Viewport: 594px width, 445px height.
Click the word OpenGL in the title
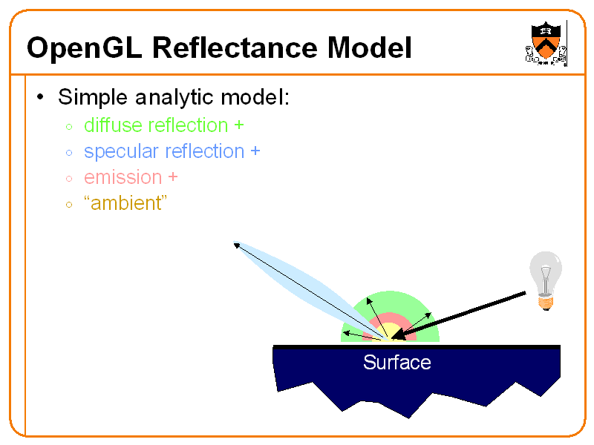click(x=85, y=48)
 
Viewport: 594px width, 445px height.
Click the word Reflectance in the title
click(x=235, y=47)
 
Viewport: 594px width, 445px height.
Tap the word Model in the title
click(x=369, y=47)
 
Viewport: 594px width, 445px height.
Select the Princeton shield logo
click(x=546, y=44)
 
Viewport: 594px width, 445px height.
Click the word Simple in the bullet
click(x=93, y=98)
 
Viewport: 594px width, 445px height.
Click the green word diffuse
click(x=113, y=125)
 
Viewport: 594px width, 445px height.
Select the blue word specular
click(x=121, y=152)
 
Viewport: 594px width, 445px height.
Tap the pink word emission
click(x=123, y=177)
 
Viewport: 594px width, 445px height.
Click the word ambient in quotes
click(x=125, y=203)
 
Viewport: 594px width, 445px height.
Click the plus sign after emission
click(x=173, y=177)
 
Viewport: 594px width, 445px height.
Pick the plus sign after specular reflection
click(x=255, y=151)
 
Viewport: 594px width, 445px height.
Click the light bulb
click(x=546, y=281)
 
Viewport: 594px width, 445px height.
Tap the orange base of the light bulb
click(x=546, y=303)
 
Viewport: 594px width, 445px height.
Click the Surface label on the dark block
click(x=397, y=362)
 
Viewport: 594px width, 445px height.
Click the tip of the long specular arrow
click(x=234, y=244)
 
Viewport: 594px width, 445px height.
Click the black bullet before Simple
click(x=40, y=97)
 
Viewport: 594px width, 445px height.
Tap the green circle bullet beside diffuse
click(x=69, y=127)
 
